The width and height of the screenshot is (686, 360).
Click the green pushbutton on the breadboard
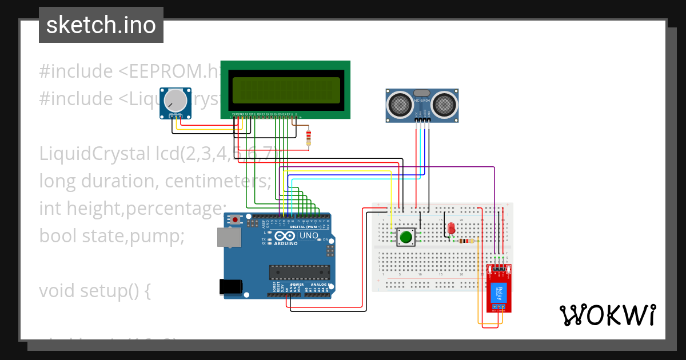(406, 237)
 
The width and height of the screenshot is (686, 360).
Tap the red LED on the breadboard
(451, 227)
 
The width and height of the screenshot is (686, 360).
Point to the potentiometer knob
(176, 101)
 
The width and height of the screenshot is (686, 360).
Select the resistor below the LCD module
(309, 137)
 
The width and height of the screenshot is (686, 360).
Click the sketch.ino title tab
(101, 25)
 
